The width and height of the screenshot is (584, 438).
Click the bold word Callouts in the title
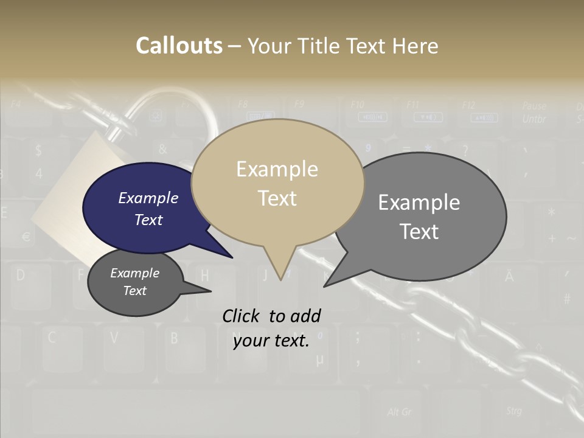coord(179,46)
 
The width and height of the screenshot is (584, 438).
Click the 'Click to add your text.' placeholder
coord(271,328)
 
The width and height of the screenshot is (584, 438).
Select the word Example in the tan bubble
coord(277,169)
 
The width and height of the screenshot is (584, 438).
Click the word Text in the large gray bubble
coord(419,231)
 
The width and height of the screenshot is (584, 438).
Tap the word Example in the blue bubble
coord(148,198)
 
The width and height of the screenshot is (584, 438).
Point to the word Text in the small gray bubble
coord(134,291)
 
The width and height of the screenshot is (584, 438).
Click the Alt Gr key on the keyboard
coord(399,412)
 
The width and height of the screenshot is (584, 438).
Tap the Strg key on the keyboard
coord(513,411)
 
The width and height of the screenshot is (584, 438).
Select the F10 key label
coord(358,105)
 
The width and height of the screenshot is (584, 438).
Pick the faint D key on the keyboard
coord(21,275)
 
